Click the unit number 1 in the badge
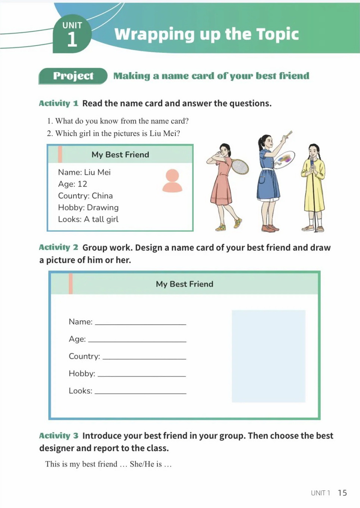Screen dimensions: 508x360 [72, 40]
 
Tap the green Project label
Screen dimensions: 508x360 [73, 76]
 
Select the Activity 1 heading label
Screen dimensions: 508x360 [58, 104]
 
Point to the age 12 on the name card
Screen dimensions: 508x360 [82, 184]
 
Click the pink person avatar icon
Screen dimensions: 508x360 [172, 181]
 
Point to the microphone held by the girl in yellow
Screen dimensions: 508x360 [312, 162]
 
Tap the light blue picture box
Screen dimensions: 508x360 [268, 356]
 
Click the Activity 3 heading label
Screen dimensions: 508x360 [58, 436]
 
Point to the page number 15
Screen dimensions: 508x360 [342, 493]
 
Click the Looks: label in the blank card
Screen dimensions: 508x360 [80, 391]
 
